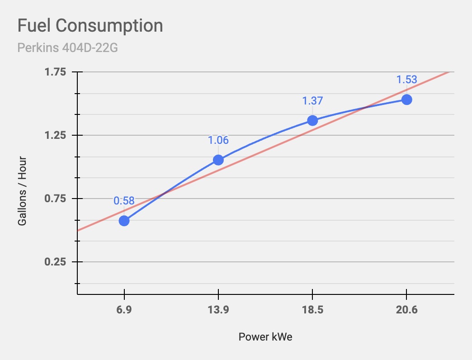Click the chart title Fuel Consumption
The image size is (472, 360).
90,26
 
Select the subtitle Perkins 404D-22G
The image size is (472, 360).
67,47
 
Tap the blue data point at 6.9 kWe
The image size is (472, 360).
124,221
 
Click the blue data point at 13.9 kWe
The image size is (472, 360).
218,160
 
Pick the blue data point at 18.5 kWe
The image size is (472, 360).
312,120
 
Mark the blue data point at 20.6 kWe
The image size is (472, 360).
406,99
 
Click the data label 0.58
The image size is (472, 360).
124,201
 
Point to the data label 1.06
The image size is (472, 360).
218,140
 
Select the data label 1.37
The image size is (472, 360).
312,101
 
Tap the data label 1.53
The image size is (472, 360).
406,80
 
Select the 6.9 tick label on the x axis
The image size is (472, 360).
124,310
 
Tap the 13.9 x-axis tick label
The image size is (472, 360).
218,310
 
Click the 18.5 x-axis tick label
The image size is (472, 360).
312,310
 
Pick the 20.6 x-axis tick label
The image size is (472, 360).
406,310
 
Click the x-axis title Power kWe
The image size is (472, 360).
265,337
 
